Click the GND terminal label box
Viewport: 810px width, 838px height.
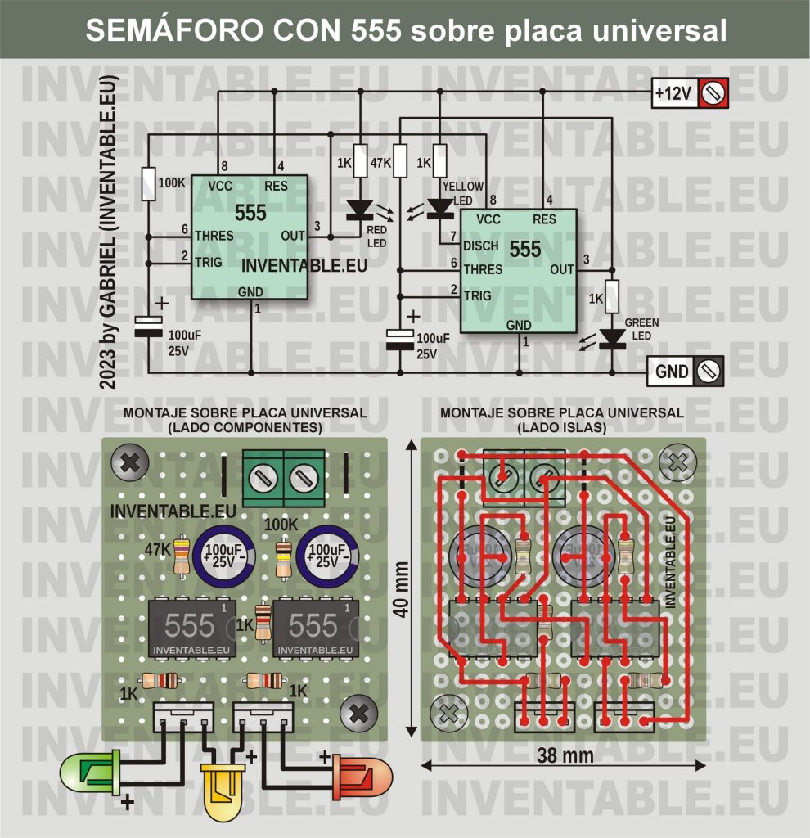pyautogui.click(x=672, y=371)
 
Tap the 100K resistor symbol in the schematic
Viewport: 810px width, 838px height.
pyautogui.click(x=147, y=182)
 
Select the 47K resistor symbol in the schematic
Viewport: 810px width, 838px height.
pyautogui.click(x=400, y=160)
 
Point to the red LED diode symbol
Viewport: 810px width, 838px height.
pyautogui.click(x=360, y=210)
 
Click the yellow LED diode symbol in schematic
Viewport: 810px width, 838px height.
pyautogui.click(x=441, y=210)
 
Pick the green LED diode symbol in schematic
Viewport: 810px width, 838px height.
pyautogui.click(x=613, y=339)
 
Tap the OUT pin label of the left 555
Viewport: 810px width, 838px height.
pyautogui.click(x=292, y=236)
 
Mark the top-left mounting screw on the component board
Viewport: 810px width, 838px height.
pyautogui.click(x=128, y=464)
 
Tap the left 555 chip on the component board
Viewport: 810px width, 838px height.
pyautogui.click(x=191, y=628)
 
